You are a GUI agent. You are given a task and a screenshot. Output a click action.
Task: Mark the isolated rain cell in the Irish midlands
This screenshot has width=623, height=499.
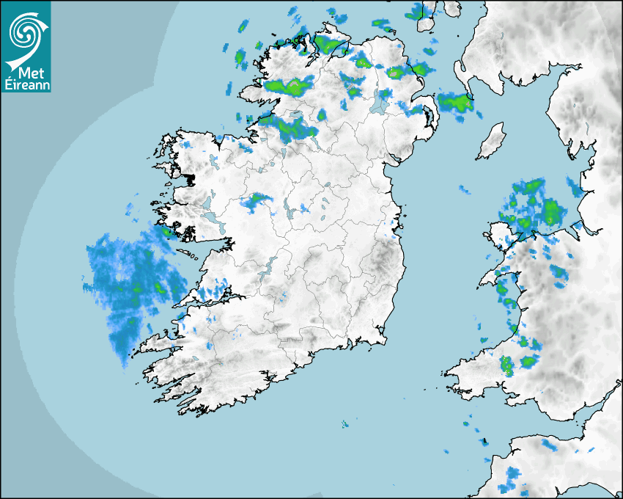coord(256,200)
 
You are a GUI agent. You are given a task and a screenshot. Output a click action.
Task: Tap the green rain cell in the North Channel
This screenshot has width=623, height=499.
coord(456,102)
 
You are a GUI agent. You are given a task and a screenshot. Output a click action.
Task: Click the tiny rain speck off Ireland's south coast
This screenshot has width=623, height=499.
coord(344,423)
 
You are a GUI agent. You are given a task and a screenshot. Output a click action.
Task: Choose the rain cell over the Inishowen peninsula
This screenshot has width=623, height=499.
coord(329,45)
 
